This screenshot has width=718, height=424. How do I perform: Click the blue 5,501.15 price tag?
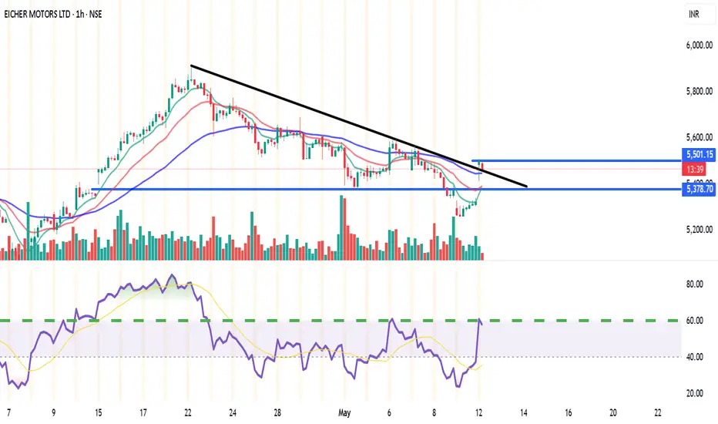(x=697, y=154)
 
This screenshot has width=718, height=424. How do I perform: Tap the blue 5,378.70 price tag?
(x=697, y=188)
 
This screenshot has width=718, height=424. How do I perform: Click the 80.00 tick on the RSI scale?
(x=695, y=284)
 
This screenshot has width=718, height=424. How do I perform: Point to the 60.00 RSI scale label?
(x=695, y=321)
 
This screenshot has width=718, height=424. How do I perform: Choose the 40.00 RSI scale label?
(x=695, y=357)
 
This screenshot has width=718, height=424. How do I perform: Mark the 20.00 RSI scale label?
(x=695, y=393)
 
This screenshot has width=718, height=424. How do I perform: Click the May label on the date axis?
(x=345, y=413)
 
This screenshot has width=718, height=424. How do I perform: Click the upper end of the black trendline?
(x=191, y=65)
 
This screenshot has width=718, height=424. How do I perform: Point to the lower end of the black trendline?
(x=527, y=187)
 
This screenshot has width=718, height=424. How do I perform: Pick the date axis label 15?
(x=99, y=413)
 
